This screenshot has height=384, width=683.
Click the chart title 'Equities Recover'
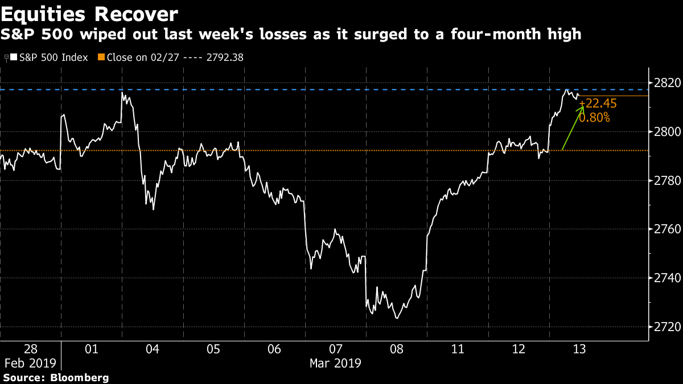point(89,14)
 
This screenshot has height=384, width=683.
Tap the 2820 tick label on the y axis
point(667,83)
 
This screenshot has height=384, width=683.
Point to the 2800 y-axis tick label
point(667,132)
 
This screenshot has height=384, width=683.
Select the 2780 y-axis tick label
point(667,181)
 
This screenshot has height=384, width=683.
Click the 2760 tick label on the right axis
point(667,229)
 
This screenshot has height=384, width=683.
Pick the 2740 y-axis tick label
point(667,278)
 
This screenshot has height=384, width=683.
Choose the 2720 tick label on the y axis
point(667,327)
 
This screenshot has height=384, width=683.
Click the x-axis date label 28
point(31,349)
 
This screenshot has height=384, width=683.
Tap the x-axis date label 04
point(153,349)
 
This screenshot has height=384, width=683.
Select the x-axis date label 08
point(397,349)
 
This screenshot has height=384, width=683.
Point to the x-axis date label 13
point(579,349)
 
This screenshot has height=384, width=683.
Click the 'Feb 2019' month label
point(31,364)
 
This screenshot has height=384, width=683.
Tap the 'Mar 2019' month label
point(335,364)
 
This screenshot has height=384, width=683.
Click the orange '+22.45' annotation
point(598,104)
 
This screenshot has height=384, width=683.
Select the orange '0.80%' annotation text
point(595,118)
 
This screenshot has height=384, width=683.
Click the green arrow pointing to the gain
point(573,128)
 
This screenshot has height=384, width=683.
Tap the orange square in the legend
point(101,57)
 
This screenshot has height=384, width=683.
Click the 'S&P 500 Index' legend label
point(54,57)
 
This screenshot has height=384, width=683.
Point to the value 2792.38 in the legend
point(225,57)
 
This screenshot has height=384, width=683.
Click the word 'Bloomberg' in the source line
point(80,378)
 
